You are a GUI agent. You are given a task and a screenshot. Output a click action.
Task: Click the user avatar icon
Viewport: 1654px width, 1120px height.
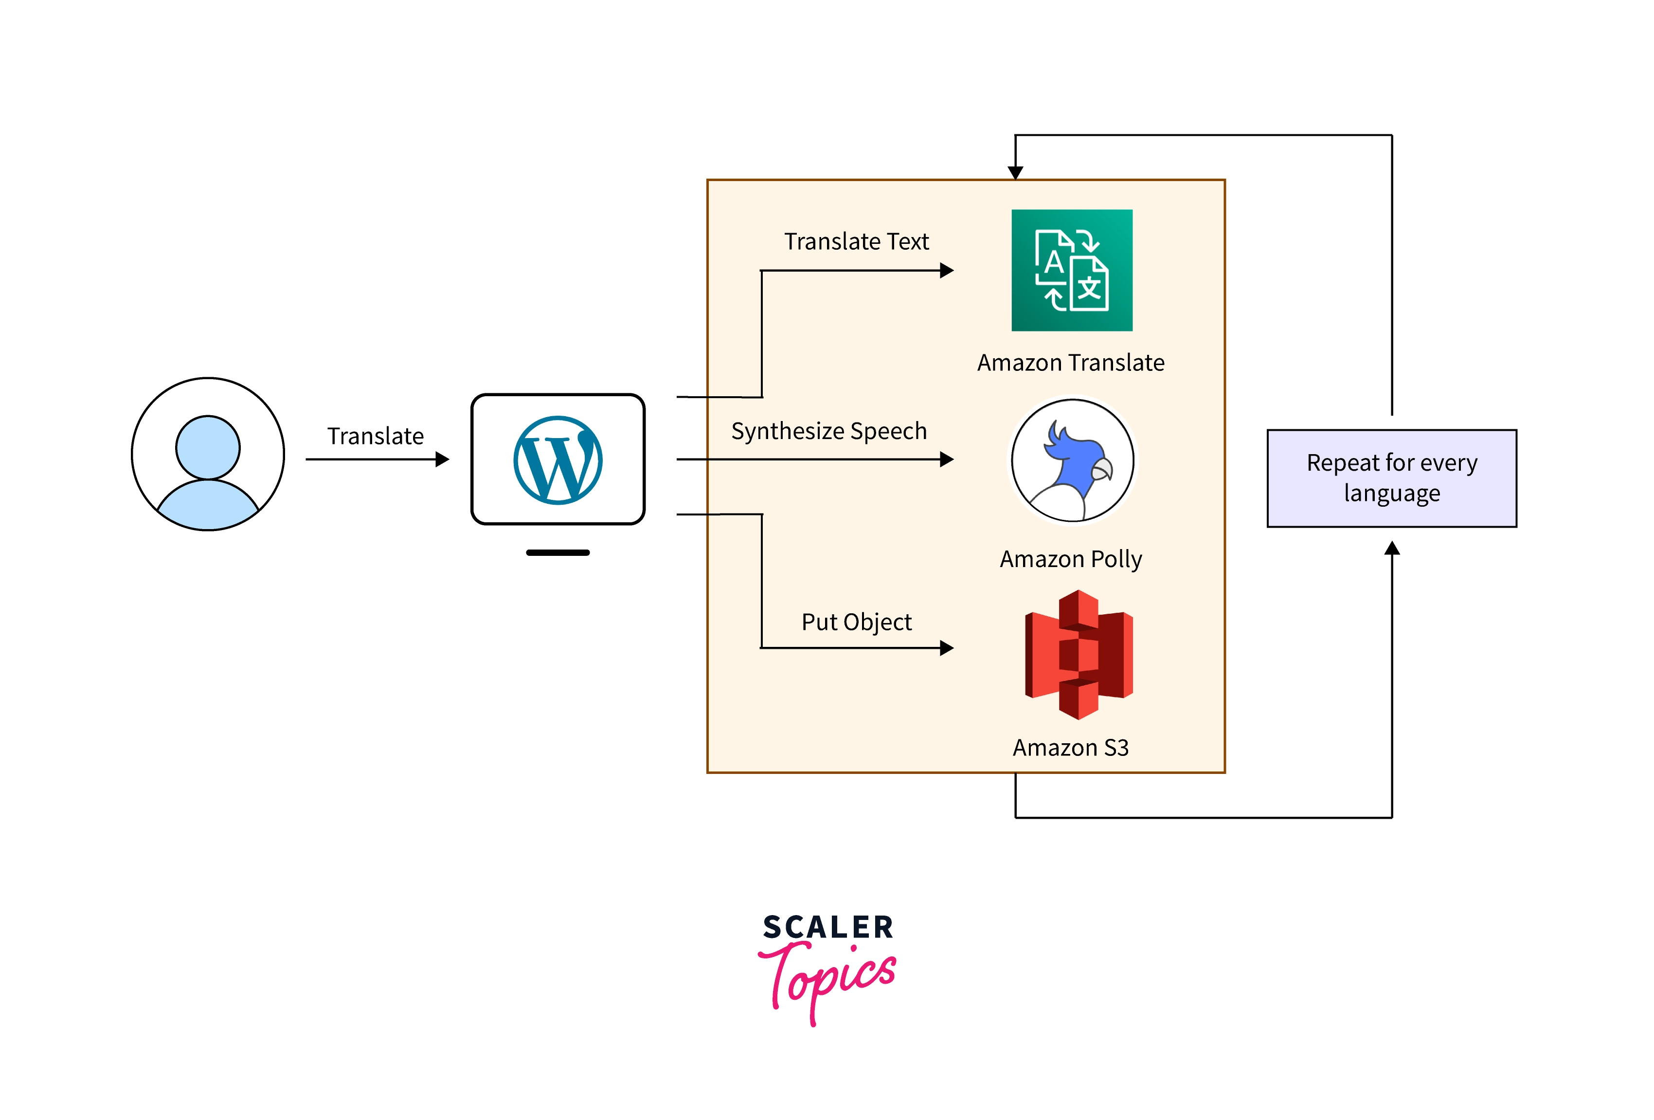(208, 454)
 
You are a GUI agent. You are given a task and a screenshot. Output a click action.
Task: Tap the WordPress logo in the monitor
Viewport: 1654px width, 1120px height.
(558, 460)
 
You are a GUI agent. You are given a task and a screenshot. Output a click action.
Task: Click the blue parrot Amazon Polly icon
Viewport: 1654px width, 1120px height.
(1073, 460)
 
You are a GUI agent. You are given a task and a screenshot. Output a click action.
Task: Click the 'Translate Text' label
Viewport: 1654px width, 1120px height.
(856, 241)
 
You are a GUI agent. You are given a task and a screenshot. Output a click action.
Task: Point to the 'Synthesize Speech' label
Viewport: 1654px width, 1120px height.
(829, 431)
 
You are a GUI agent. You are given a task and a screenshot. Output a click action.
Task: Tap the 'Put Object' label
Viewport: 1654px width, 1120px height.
(856, 622)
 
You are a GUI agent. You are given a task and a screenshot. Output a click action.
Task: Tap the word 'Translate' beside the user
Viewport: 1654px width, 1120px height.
(375, 436)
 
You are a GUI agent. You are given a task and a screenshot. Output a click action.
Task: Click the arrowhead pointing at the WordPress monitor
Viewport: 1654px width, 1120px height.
(443, 459)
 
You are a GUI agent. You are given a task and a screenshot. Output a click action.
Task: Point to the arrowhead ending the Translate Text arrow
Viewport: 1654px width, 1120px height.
(947, 271)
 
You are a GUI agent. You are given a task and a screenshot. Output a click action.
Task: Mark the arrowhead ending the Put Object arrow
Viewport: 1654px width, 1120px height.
(947, 648)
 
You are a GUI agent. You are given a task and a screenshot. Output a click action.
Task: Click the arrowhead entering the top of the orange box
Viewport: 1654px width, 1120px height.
(1016, 172)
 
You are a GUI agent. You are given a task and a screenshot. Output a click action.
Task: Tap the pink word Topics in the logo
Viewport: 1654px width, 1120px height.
(829, 979)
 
